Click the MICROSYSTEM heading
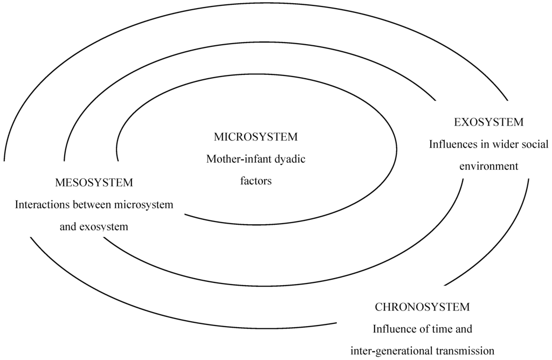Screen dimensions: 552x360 (256, 137)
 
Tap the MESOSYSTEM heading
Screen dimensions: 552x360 (94, 183)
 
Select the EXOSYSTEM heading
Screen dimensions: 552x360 (488, 122)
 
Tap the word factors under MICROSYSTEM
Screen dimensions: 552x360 (256, 181)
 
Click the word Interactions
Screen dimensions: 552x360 (42, 205)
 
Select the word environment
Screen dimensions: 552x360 (488, 166)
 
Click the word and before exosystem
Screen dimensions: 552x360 (67, 227)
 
